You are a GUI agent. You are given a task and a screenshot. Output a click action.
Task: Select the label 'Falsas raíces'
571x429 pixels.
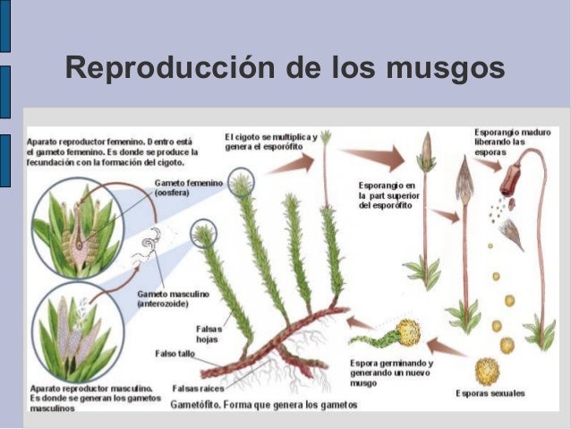[x=199, y=389]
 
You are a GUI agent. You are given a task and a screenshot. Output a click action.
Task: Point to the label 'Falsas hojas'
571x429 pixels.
[x=208, y=333]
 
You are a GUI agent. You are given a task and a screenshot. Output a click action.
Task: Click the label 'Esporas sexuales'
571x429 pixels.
[x=490, y=393]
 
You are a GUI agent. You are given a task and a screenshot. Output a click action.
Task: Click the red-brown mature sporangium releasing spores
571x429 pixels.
[x=510, y=180]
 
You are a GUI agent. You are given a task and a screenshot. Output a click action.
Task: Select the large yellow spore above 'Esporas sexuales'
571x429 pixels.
[x=487, y=369]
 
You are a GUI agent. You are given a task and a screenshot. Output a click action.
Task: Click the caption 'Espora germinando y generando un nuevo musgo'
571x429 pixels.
[x=389, y=371]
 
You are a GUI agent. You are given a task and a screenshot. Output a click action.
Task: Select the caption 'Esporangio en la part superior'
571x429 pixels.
[x=386, y=195]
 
